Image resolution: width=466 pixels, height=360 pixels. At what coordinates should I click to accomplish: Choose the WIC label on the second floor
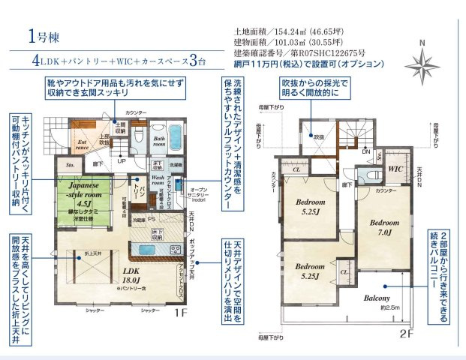(x=395, y=169)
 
